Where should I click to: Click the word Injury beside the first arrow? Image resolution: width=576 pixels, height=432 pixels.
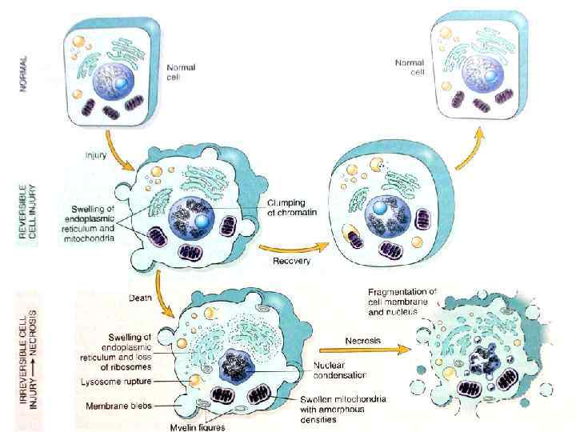point(98,150)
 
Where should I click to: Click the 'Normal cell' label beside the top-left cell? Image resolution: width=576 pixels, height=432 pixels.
point(182,72)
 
